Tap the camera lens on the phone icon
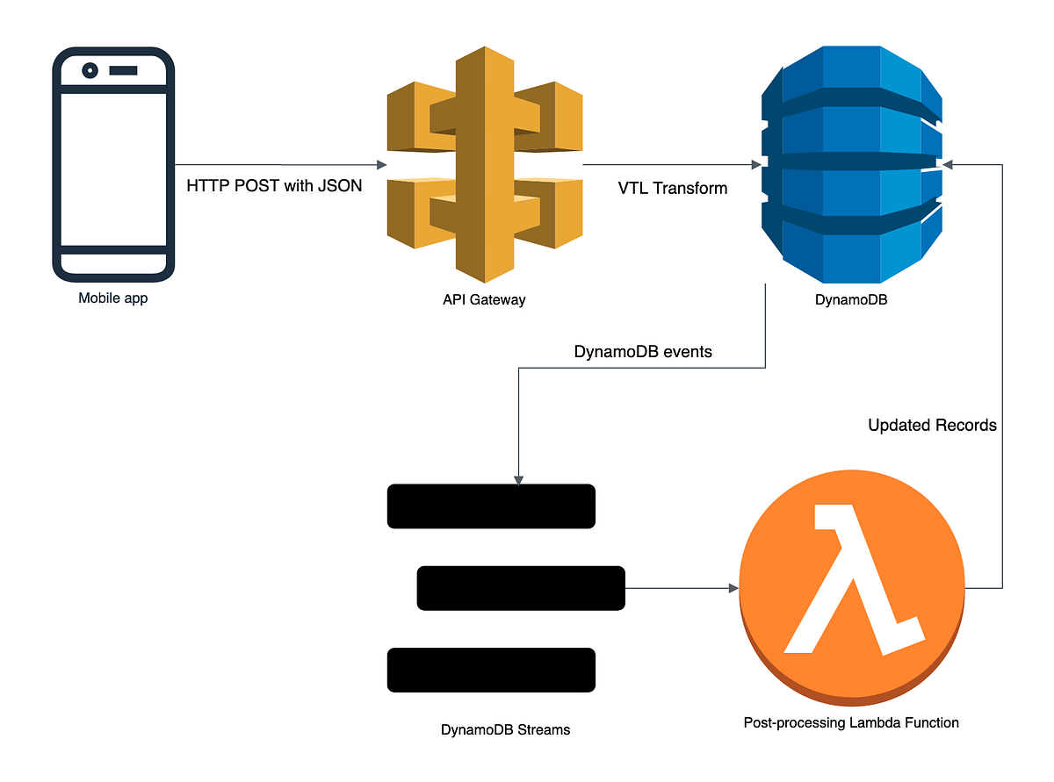click(90, 70)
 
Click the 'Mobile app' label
click(112, 298)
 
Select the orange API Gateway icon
click(484, 164)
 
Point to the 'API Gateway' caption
click(484, 300)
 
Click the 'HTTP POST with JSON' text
click(274, 186)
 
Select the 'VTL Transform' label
click(673, 187)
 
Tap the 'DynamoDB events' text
click(643, 352)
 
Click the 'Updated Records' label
click(932, 426)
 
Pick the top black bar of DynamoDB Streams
click(491, 506)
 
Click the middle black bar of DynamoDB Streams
click(520, 588)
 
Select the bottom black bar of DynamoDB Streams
click(491, 670)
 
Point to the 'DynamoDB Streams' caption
click(505, 729)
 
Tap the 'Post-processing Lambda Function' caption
click(851, 723)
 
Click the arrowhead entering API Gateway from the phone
click(381, 165)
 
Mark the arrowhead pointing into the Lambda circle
click(733, 588)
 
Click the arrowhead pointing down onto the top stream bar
click(519, 479)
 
